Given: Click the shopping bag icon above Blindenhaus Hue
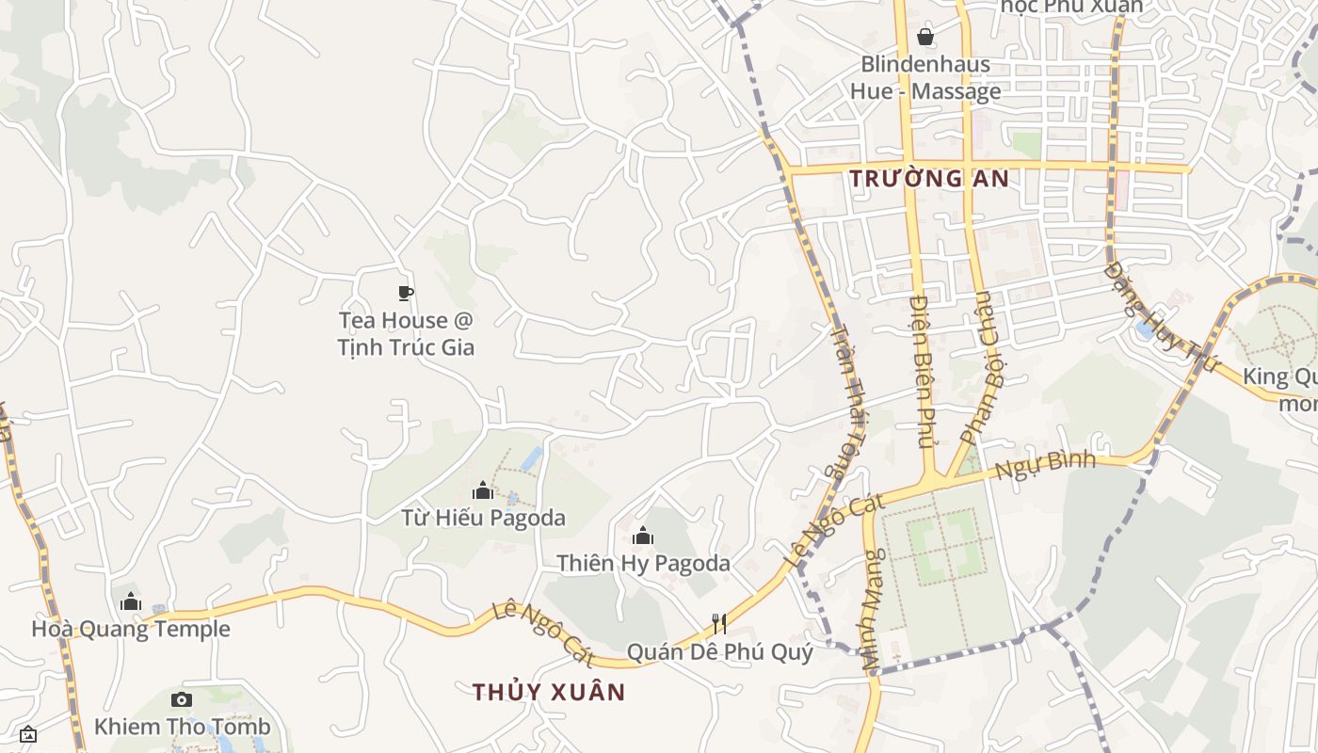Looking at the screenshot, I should [x=925, y=37].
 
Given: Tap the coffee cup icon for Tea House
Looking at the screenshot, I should [x=406, y=294].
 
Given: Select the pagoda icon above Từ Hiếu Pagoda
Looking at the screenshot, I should [x=483, y=490].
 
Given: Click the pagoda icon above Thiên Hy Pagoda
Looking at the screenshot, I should [x=643, y=537].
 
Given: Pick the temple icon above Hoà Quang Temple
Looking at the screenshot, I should [x=131, y=601].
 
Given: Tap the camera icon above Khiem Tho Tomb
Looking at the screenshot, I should [x=182, y=699].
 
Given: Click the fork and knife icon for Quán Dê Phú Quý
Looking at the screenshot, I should [x=719, y=623].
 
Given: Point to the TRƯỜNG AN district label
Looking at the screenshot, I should [x=929, y=178].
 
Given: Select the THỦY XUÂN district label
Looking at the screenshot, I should [x=549, y=692].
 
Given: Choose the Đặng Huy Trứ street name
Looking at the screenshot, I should [x=1154, y=317].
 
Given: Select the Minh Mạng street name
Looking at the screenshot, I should [x=872, y=610].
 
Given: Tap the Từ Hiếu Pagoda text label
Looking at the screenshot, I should [x=483, y=518].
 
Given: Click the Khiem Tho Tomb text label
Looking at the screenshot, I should [x=182, y=727].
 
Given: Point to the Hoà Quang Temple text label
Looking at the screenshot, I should [x=131, y=629].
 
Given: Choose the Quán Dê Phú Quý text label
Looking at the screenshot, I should [x=719, y=651].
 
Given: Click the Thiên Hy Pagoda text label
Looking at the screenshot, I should [x=643, y=564].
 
